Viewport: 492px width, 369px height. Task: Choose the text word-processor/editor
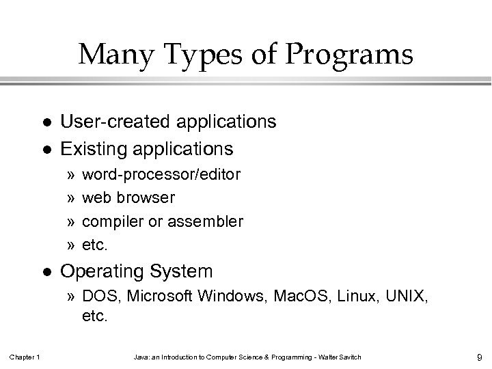tap(161, 174)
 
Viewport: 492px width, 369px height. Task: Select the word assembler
tap(208, 221)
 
